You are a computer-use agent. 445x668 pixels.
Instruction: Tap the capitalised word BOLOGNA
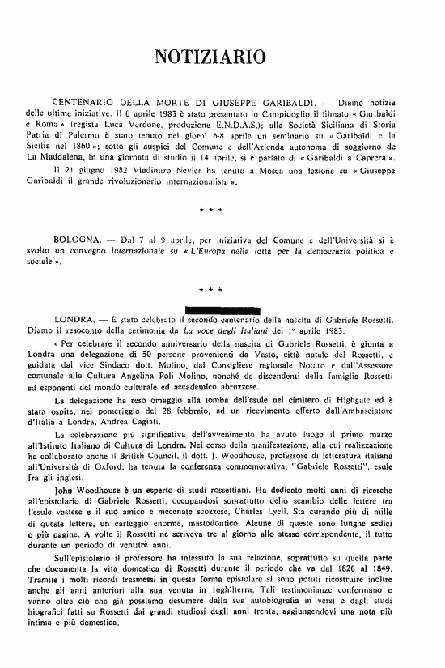point(77,242)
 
